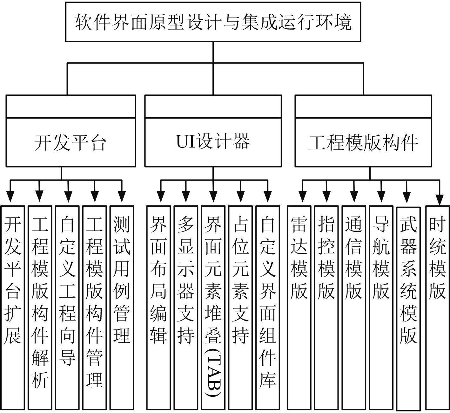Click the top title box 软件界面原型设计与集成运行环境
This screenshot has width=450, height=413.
click(x=213, y=22)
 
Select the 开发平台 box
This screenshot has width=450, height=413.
click(x=71, y=142)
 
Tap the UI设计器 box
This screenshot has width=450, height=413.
click(x=213, y=142)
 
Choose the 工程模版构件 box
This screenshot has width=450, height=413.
click(x=363, y=142)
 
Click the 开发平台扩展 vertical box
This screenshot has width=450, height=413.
click(x=13, y=307)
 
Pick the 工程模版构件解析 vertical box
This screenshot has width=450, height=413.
click(x=40, y=307)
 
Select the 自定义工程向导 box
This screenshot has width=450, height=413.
click(x=67, y=307)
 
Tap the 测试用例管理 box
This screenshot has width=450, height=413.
click(x=122, y=307)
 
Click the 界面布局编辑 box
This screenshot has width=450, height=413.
click(x=158, y=307)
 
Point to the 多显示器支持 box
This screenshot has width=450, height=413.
click(x=185, y=307)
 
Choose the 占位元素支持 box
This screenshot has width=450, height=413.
click(x=240, y=307)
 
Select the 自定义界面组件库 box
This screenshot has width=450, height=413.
click(x=267, y=307)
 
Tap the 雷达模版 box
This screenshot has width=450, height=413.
click(x=299, y=307)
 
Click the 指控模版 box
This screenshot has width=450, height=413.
click(x=326, y=307)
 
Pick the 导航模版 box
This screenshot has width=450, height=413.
click(x=381, y=307)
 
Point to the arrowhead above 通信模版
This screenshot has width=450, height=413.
click(x=354, y=196)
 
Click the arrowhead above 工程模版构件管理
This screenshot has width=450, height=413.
click(x=94, y=196)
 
